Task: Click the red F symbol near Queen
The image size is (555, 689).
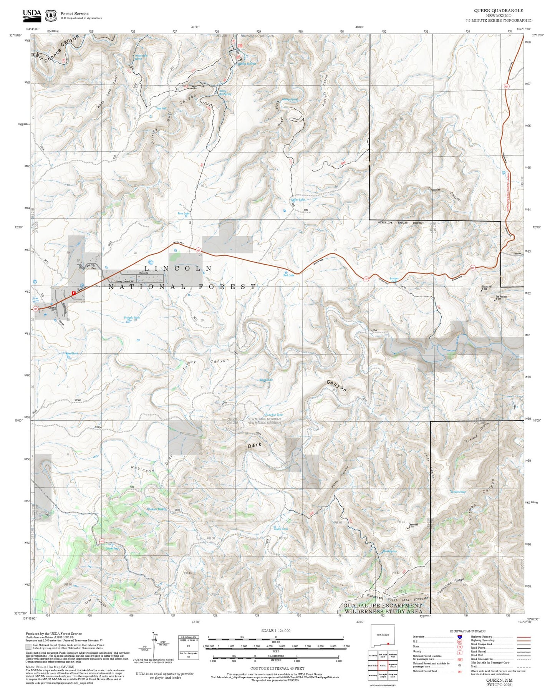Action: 73,293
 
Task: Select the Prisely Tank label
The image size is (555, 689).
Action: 132,318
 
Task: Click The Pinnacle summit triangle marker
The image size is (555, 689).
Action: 495,300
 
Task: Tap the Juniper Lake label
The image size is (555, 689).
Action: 394,279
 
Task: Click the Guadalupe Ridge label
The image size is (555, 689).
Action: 450,586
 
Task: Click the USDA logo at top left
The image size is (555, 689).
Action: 32,15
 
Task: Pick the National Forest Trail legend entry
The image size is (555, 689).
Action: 425,671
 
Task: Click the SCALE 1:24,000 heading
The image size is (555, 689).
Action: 275,631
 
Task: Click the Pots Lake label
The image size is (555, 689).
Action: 183,214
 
